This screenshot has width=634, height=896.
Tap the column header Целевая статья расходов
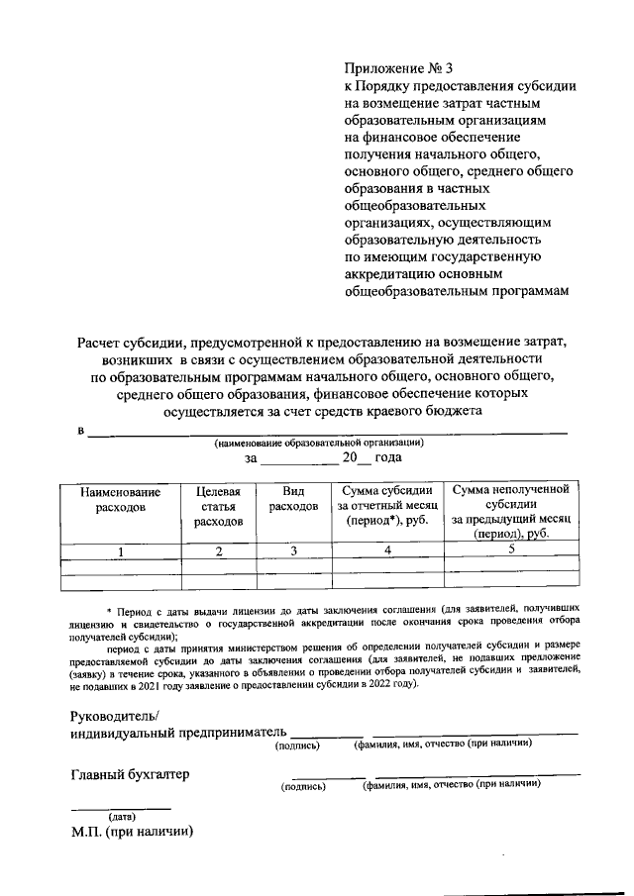click(x=218, y=505)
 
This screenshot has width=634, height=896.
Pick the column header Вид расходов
click(x=293, y=498)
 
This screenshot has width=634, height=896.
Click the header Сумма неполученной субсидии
click(x=510, y=490)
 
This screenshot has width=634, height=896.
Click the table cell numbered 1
click(x=121, y=551)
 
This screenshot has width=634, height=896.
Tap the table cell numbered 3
click(x=293, y=551)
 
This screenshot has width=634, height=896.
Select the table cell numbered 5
click(x=510, y=549)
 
